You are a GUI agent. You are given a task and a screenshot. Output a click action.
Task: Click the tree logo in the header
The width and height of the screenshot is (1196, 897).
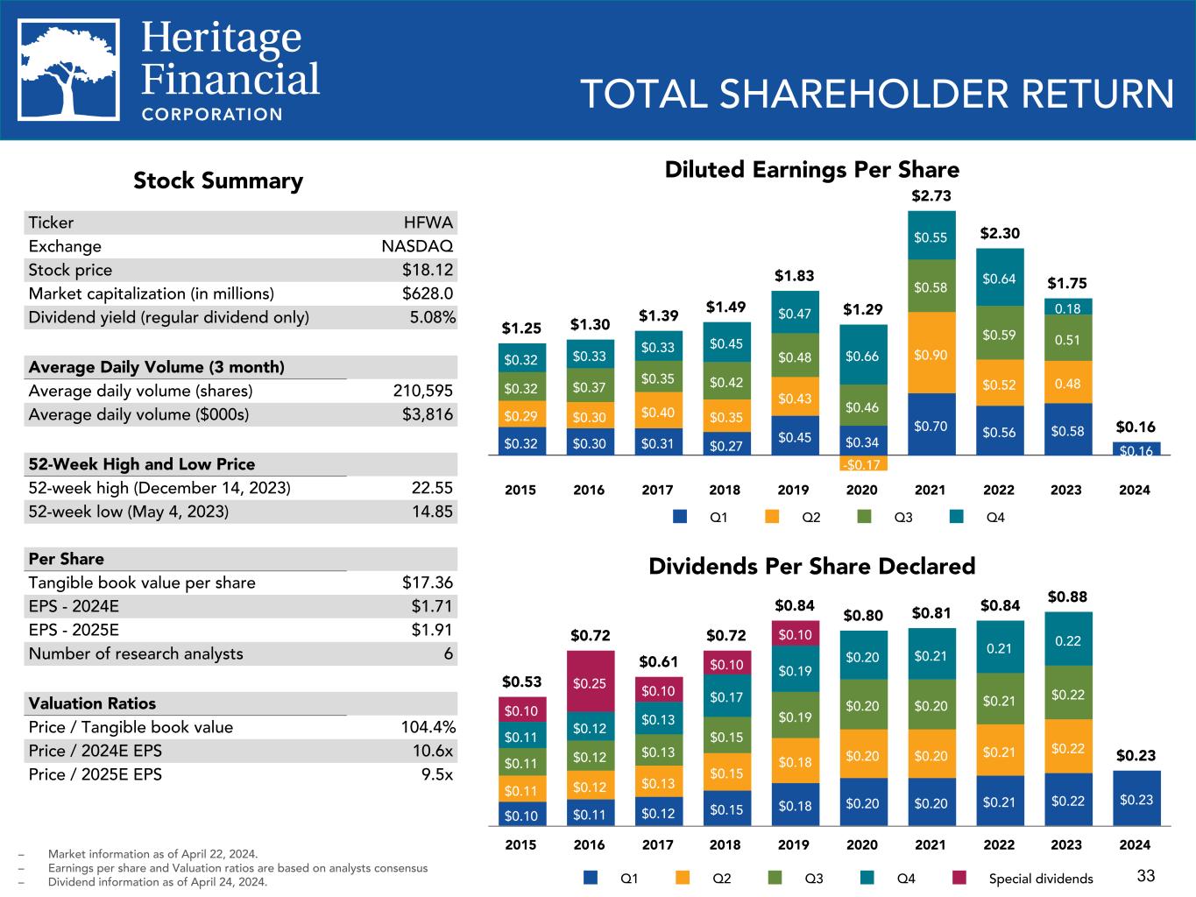click(70, 70)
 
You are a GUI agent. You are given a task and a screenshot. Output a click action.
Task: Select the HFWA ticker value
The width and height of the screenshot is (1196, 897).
click(428, 222)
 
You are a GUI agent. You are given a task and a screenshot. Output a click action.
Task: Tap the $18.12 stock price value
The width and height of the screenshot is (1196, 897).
click(428, 270)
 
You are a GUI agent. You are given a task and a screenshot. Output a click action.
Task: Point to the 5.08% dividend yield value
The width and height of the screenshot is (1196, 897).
click(433, 317)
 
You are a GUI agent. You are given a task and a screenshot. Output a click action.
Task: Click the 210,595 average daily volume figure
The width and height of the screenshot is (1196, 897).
click(423, 391)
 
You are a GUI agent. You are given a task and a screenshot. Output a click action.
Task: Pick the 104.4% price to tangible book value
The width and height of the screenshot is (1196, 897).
click(425, 727)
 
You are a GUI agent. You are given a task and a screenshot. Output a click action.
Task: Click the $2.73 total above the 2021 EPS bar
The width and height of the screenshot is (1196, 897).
click(931, 195)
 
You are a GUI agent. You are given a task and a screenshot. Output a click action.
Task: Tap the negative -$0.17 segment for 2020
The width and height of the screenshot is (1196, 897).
click(862, 463)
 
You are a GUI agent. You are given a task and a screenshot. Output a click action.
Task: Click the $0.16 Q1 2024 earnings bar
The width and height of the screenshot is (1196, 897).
click(1136, 449)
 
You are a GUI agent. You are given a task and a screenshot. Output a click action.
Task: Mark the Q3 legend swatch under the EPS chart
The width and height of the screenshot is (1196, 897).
click(864, 517)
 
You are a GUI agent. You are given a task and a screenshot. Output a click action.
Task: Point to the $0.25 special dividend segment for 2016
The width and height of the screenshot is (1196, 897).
click(589, 682)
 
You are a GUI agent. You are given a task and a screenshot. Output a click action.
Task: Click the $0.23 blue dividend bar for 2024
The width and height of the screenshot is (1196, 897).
click(1136, 798)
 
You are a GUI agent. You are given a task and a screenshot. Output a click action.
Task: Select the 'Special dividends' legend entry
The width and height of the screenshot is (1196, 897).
click(1040, 879)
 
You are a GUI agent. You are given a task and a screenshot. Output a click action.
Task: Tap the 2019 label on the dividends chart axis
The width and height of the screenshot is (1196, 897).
click(794, 844)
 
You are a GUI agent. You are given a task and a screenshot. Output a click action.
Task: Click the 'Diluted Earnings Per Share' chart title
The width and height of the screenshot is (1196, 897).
click(811, 169)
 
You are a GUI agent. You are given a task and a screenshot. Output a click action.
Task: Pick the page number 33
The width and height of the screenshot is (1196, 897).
click(1145, 875)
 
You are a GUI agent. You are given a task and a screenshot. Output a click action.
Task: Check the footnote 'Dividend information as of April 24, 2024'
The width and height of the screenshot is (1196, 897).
click(158, 882)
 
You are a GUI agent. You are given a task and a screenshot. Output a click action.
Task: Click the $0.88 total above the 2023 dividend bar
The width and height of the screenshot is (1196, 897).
click(1067, 597)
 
